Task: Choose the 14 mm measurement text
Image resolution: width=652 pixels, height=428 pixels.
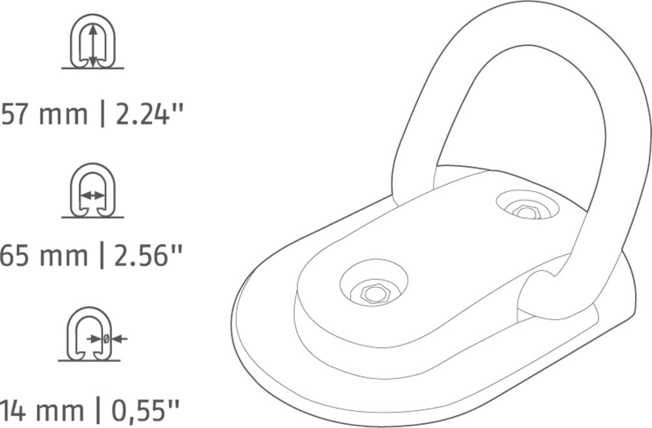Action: [x=42, y=411]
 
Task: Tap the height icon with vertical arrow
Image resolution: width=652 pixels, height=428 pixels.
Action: [x=93, y=42]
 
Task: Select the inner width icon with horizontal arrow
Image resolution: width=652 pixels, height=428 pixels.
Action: [x=93, y=191]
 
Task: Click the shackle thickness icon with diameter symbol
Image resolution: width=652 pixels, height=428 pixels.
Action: [x=91, y=333]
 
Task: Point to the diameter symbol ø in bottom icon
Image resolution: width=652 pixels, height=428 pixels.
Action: [x=106, y=338]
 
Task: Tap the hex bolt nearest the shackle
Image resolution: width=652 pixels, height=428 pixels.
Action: [x=525, y=211]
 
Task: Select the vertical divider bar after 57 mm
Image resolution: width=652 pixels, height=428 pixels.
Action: [x=102, y=115]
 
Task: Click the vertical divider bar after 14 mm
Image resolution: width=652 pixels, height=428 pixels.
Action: [x=99, y=411]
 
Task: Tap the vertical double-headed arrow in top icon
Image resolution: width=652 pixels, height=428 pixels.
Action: [x=93, y=44]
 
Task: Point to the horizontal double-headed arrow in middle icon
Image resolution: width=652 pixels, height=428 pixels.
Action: [x=92, y=195]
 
